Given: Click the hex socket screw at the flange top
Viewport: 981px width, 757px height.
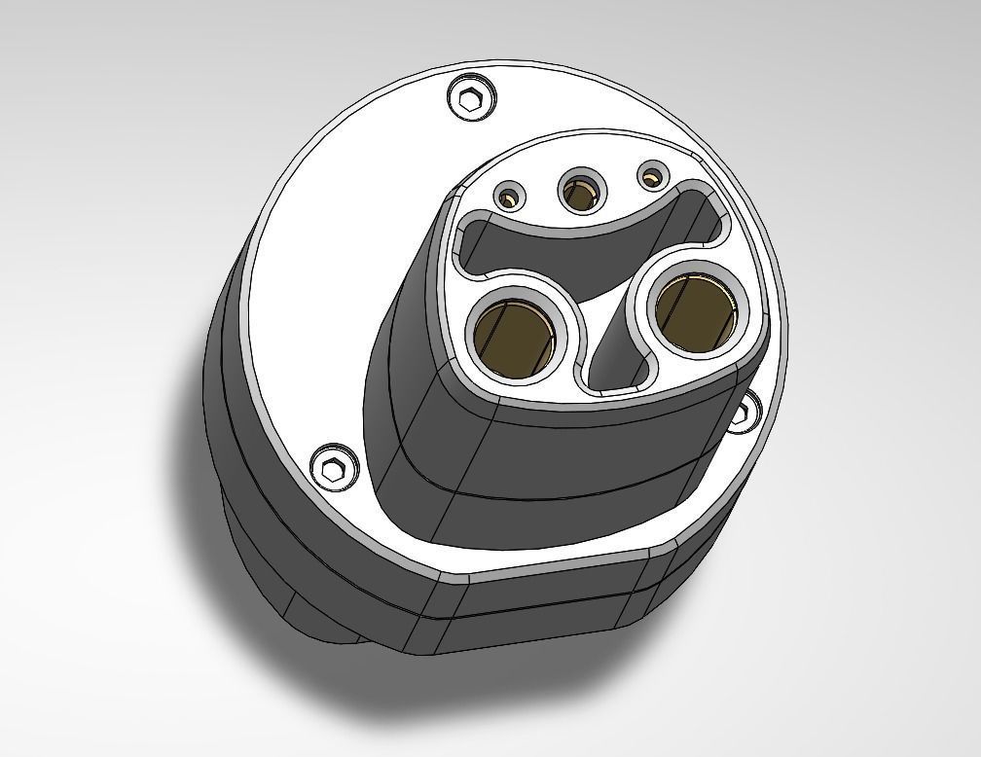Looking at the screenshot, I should click(471, 98).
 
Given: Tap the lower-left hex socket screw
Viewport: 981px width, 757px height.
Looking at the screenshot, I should click(333, 468).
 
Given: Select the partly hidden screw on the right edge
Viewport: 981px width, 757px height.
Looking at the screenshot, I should click(745, 413).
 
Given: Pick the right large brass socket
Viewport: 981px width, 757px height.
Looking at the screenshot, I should click(692, 305).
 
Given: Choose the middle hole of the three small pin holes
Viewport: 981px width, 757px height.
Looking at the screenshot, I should click(581, 193).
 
